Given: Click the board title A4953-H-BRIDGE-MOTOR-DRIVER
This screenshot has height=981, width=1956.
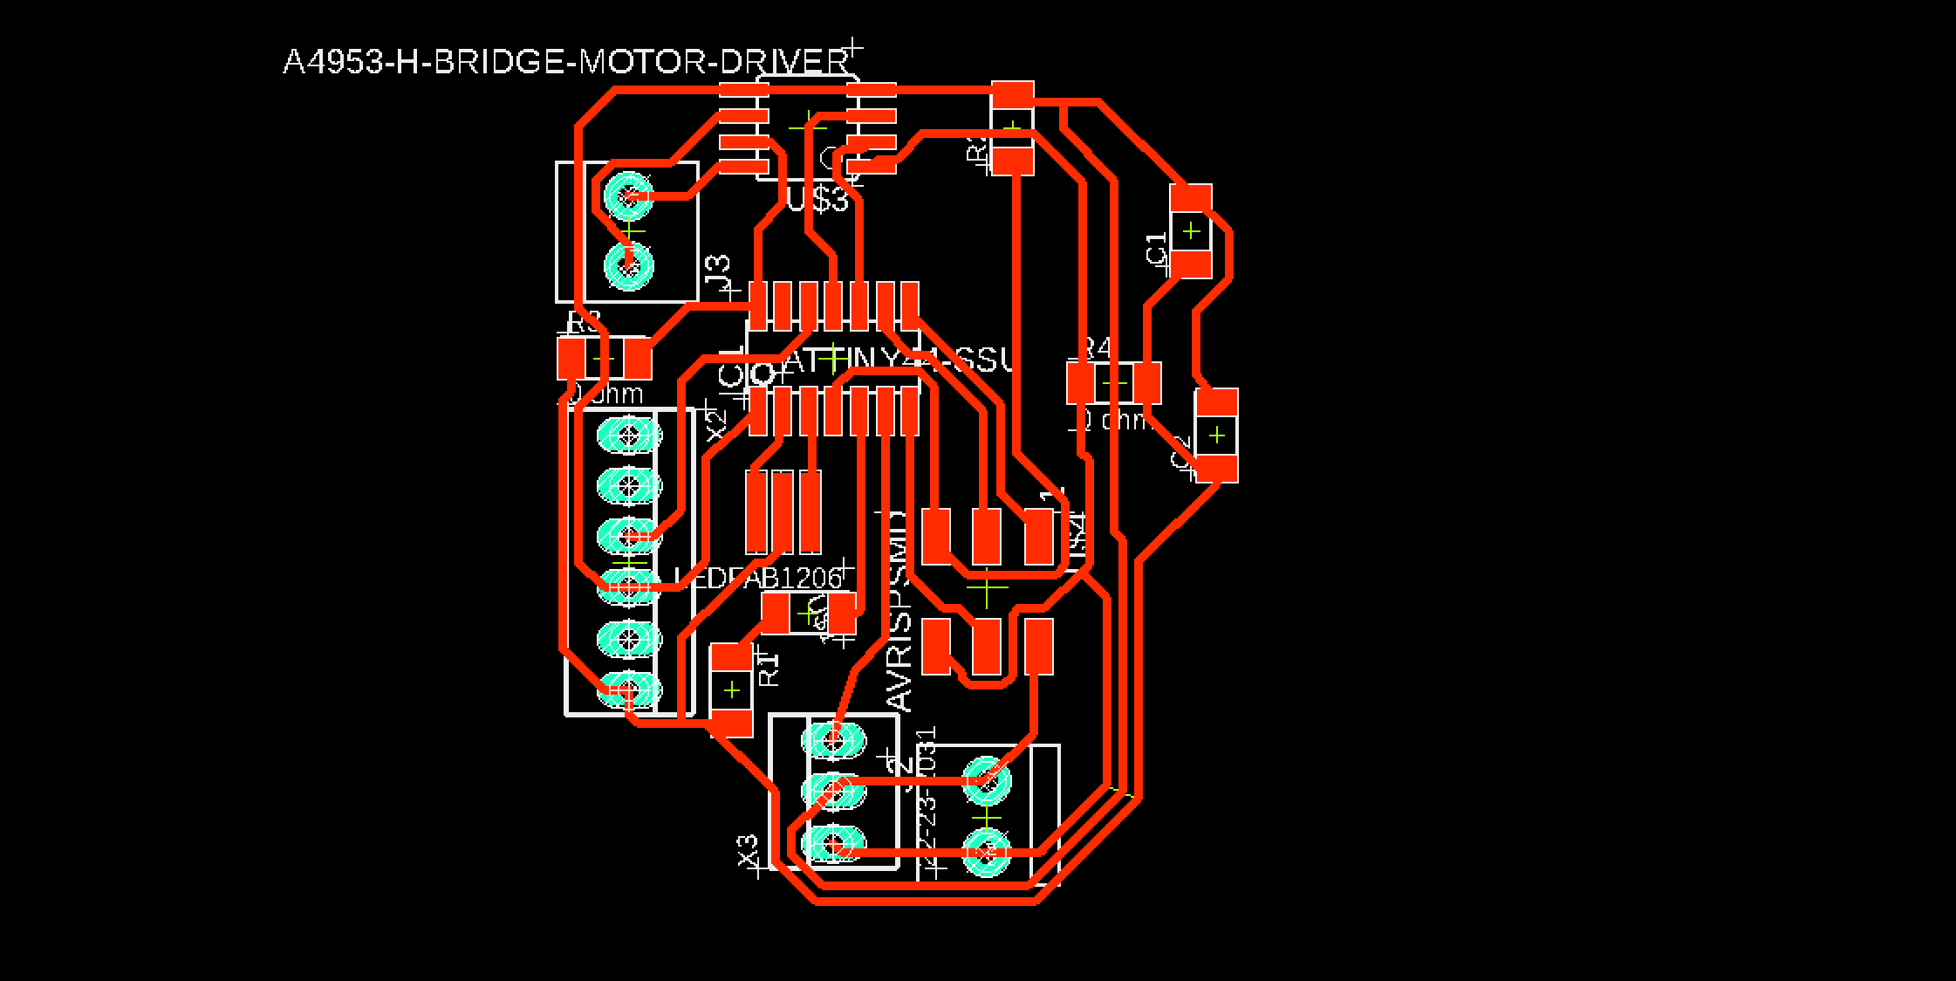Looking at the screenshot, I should [565, 63].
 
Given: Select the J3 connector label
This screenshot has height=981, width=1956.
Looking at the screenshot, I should [718, 274].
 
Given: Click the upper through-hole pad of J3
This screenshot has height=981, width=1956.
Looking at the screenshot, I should [629, 196].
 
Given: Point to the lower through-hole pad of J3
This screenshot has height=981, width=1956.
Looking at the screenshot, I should [629, 265].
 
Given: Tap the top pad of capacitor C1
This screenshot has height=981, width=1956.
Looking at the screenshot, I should [1191, 199].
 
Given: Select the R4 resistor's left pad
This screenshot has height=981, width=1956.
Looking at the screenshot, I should [1081, 382].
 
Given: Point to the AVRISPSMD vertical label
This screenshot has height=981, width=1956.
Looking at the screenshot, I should [899, 611].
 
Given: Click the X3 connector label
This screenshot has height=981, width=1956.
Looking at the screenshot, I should [749, 850].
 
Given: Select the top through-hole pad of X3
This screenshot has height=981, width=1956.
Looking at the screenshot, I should [833, 740].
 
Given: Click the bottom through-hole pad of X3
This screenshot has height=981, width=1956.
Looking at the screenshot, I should [833, 844].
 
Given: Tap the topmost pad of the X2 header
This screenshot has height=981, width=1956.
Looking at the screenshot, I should [629, 433].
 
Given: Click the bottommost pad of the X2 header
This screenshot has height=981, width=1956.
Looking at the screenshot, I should [629, 689].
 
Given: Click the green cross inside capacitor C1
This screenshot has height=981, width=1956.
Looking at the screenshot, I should [1191, 231].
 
